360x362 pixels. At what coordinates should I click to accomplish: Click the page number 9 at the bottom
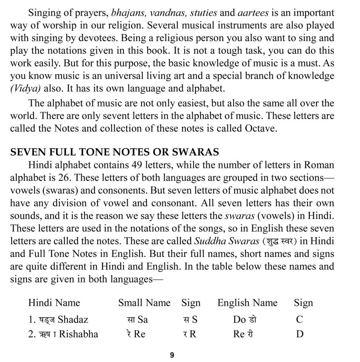point(172,355)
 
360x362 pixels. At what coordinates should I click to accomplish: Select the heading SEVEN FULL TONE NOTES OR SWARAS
point(115,152)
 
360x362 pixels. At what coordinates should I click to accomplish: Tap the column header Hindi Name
point(54,303)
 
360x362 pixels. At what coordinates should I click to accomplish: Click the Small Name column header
point(144,303)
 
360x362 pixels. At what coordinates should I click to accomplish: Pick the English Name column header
point(247,303)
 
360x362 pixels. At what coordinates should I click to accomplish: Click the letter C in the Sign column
point(300,320)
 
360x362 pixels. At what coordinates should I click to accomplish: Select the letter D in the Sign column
point(300,334)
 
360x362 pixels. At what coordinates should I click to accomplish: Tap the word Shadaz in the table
point(73,320)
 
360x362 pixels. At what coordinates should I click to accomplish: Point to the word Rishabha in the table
point(79,334)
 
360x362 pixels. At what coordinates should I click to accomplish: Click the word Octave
point(260,128)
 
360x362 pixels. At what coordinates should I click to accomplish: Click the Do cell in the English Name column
point(239,320)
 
